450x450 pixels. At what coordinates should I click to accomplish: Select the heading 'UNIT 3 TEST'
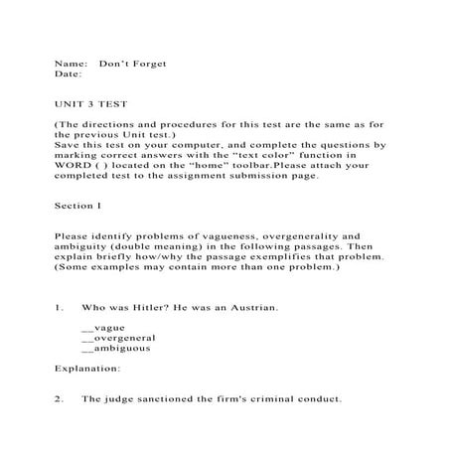click(90, 102)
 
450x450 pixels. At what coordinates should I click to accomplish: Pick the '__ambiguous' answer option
click(111, 349)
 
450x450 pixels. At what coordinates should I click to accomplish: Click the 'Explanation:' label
click(87, 369)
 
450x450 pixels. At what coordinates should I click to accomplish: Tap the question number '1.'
click(60, 308)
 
